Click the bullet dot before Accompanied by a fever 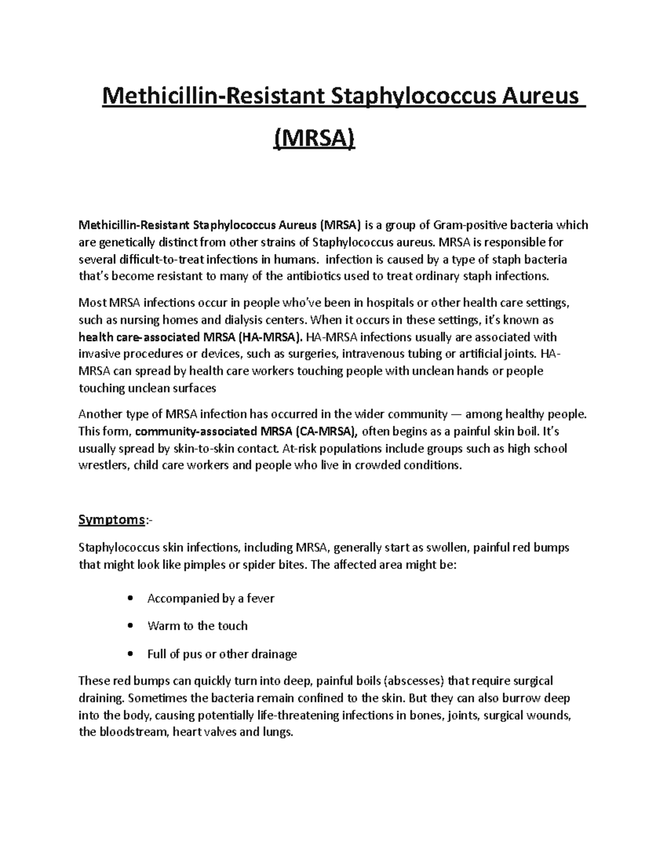point(130,598)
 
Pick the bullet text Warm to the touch point(197,626)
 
